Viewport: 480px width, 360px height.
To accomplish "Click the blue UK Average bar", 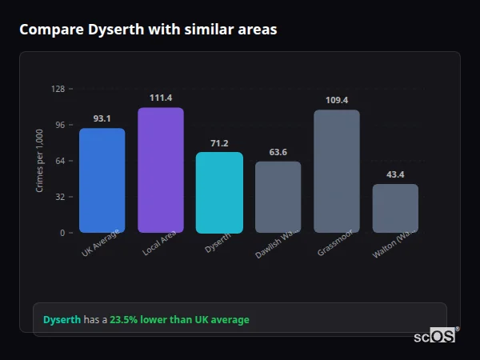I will click(x=102, y=180).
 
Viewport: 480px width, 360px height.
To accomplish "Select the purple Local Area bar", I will click(x=161, y=170).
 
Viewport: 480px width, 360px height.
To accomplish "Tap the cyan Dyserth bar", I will click(x=219, y=192).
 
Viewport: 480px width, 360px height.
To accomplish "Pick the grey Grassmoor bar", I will click(x=337, y=171).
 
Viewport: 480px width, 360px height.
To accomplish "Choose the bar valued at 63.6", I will click(x=278, y=197).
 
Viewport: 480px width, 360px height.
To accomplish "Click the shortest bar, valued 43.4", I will click(x=395, y=208).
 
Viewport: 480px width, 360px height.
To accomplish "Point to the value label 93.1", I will click(x=102, y=118).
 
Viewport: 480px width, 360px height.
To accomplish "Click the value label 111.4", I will click(x=161, y=98).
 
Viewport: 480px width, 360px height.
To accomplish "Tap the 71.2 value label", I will click(x=219, y=143).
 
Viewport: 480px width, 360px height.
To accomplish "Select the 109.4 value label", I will click(x=337, y=100).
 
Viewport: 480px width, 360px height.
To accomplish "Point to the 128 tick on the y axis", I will click(x=58, y=89).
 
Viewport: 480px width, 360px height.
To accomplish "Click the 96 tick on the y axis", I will click(x=59, y=125).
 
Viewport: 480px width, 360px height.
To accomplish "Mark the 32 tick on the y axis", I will click(x=59, y=197).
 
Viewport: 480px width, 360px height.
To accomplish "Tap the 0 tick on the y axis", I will click(x=62, y=233).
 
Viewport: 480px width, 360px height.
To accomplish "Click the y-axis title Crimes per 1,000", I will click(x=40, y=161).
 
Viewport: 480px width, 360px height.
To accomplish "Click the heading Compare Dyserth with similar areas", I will click(x=148, y=30).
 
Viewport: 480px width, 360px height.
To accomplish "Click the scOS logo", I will click(x=435, y=336).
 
